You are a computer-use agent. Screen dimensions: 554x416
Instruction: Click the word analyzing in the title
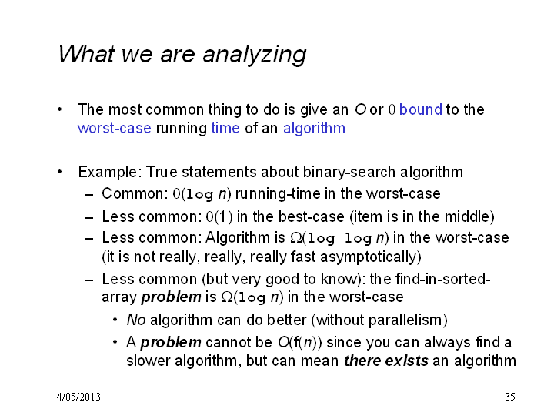[254, 55]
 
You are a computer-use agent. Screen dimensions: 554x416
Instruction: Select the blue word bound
[420, 109]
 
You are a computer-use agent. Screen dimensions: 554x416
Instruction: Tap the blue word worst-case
[114, 128]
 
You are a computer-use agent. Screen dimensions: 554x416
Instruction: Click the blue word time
[225, 128]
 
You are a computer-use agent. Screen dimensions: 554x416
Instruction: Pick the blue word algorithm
[314, 129]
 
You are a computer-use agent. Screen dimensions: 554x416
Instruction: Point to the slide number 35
[510, 397]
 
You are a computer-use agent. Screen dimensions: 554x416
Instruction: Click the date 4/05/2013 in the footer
[78, 397]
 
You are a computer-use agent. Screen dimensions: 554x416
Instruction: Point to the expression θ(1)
[219, 216]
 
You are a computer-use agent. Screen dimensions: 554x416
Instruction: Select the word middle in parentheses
[466, 216]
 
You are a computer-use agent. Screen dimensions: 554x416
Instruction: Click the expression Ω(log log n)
[339, 238]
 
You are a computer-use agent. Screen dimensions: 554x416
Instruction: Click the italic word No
[136, 320]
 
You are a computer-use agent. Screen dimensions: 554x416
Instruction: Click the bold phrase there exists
[385, 361]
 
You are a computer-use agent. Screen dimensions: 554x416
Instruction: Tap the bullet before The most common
[60, 109]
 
